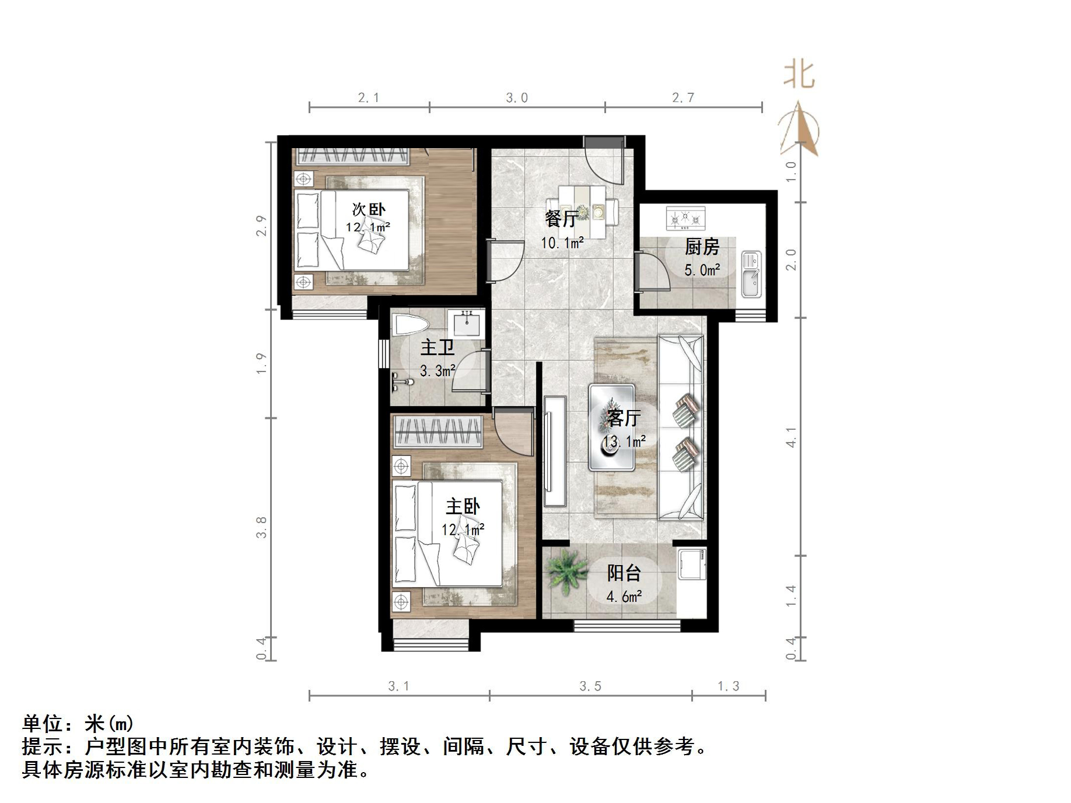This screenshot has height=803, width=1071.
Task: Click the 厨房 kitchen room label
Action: point(702,247)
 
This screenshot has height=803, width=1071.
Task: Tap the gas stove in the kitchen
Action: point(685,219)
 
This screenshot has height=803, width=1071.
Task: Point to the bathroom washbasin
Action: point(467,322)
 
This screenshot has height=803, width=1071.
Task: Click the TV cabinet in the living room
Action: point(555,451)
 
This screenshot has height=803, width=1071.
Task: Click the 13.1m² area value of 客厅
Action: point(624,441)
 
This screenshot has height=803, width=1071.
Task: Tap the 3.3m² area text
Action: point(437,371)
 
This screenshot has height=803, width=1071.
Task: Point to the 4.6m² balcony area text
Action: point(624,597)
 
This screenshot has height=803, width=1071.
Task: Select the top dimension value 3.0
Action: point(517,98)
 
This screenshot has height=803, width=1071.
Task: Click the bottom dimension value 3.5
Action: point(590,686)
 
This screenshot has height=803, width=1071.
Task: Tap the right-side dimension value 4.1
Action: point(791,437)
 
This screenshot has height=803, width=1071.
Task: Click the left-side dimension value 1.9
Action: point(261,363)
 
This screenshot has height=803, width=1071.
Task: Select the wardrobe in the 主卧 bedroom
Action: point(438,432)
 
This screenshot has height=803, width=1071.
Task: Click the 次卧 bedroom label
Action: point(368,209)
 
